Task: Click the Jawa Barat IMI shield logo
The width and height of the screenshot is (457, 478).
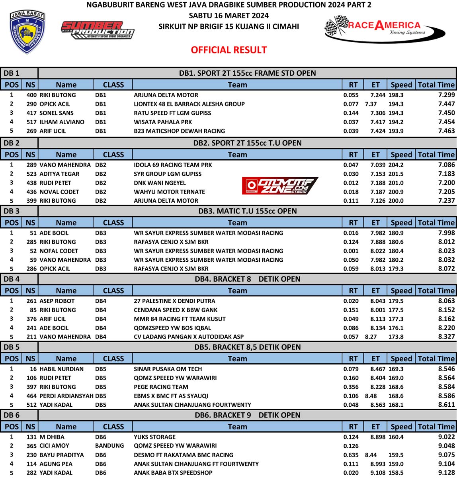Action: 27,32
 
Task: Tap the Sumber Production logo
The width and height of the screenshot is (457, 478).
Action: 97,30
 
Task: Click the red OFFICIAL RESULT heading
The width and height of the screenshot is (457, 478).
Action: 228,50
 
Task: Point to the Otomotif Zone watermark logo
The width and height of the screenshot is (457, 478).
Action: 280,186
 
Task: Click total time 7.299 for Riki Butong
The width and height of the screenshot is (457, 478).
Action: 446,95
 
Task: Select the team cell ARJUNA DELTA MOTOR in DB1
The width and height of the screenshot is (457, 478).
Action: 166,95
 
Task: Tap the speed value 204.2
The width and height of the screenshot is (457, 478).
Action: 396,165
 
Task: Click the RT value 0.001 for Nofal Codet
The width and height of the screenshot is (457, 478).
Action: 351,251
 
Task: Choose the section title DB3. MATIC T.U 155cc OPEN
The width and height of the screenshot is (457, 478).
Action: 247,211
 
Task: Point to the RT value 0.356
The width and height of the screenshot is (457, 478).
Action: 351,387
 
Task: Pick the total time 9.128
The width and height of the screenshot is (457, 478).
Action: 446,473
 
